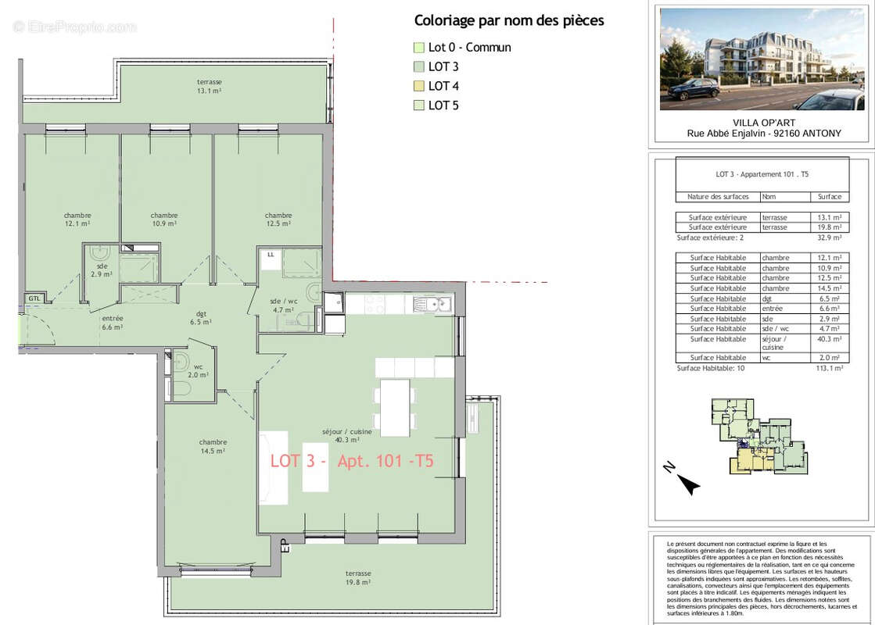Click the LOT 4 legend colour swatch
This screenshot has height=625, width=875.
418,86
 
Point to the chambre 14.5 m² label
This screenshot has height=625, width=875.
213,446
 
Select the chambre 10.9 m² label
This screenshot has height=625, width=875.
164,220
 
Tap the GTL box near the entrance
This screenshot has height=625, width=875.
34,298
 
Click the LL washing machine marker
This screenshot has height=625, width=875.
271,255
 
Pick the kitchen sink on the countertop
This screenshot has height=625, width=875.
432,304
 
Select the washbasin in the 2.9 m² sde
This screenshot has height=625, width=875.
100,253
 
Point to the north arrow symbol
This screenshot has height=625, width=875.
686,481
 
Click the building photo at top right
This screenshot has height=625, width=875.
762,59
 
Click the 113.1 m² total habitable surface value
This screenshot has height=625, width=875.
829,368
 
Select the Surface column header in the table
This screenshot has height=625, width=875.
829,197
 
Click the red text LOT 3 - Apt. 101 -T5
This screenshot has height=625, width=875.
352,462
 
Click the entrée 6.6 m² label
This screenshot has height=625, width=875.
112,323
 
